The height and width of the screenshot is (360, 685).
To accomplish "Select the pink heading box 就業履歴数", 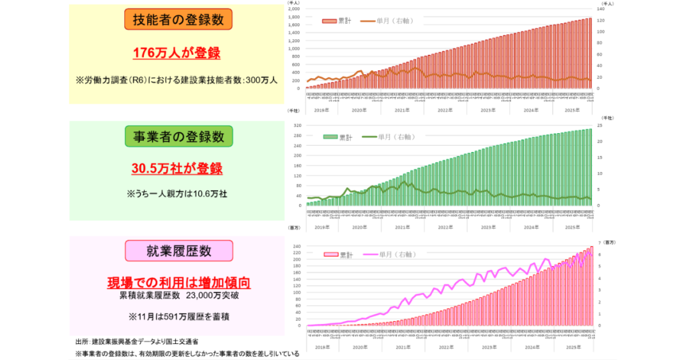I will tap(178, 251).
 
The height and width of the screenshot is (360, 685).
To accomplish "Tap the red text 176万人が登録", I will tap(177, 54).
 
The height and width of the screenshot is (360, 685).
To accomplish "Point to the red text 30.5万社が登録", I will tap(177, 169).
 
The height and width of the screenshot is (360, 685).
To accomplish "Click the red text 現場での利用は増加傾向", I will tap(179, 282).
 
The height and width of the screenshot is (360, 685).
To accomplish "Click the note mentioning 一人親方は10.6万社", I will tap(177, 194).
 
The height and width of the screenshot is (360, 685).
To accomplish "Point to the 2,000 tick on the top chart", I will tap(294, 9).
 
